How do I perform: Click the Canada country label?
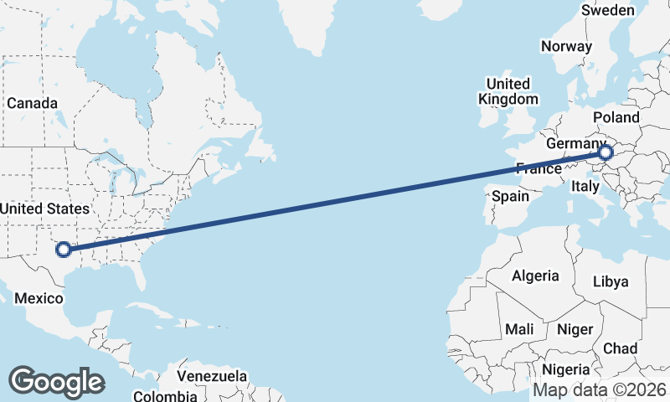tap(33, 103)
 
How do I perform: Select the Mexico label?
tap(39, 299)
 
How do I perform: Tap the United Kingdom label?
tap(508, 91)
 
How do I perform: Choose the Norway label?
tap(566, 46)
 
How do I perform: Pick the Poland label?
tap(616, 117)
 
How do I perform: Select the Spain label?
tap(510, 196)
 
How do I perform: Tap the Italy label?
tap(585, 188)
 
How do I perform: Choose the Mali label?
tap(519, 329)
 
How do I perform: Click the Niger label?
tap(575, 329)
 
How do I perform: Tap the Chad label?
tap(620, 348)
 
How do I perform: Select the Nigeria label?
tap(566, 369)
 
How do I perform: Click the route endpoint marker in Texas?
tap(62, 249)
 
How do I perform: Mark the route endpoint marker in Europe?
tap(606, 153)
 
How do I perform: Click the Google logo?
tap(56, 382)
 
